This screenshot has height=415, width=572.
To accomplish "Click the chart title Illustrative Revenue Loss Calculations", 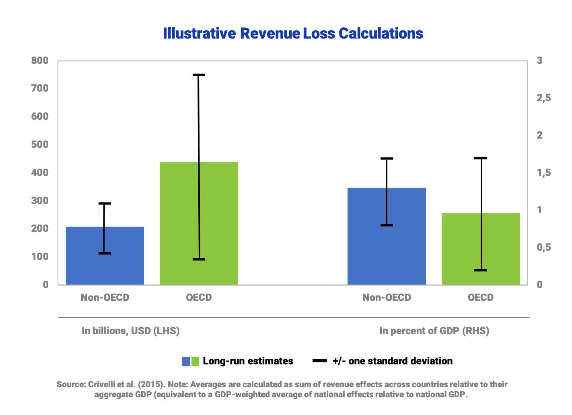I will (x=293, y=33).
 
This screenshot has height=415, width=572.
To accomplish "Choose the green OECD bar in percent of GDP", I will (x=481, y=249).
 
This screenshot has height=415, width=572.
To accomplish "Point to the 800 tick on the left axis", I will (x=40, y=61).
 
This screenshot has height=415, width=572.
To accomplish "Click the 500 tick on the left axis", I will (x=40, y=145).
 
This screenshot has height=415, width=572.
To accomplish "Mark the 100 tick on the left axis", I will (x=40, y=257).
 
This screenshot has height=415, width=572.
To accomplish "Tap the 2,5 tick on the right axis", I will (x=543, y=98).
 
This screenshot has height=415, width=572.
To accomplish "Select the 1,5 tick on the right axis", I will (x=543, y=173).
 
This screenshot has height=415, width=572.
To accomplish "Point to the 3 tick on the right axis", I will (x=539, y=61).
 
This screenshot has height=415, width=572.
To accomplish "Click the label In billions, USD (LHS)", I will (x=131, y=331).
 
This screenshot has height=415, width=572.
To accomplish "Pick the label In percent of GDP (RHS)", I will (x=434, y=331).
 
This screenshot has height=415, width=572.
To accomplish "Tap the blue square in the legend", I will (x=186, y=362).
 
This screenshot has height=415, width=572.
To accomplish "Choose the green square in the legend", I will (x=195, y=362).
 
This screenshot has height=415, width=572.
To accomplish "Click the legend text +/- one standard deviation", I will (x=392, y=361).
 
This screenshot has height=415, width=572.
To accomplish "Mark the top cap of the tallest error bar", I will (x=199, y=75).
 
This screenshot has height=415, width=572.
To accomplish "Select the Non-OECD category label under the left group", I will (x=105, y=298).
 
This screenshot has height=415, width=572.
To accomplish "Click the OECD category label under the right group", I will (x=481, y=298).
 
